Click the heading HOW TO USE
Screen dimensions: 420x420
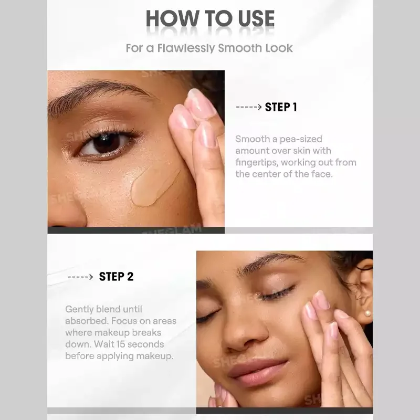(210, 18)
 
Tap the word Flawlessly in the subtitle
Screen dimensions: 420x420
(186, 48)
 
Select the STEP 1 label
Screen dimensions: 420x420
(281, 107)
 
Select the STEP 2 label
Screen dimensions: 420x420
(116, 277)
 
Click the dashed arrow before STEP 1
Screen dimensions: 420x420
(248, 107)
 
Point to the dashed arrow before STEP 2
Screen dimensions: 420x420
(80, 277)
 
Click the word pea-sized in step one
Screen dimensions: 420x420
(301, 139)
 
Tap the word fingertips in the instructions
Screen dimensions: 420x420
(257, 163)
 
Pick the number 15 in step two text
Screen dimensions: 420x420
(121, 344)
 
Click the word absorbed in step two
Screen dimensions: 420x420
(87, 321)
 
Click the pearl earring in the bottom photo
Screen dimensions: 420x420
(367, 312)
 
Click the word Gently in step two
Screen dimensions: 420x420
(79, 310)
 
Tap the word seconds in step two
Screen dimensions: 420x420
(146, 344)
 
